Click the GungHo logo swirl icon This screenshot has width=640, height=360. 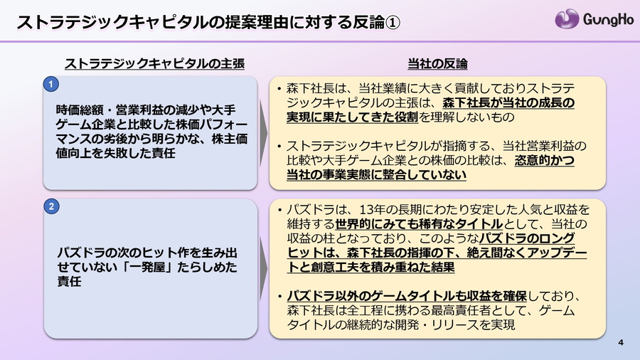coord(567,20)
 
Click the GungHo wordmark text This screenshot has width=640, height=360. coord(604,21)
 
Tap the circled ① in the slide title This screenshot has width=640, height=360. coord(392,22)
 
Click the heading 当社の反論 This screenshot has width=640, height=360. coord(438,64)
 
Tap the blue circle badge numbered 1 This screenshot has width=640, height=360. coord(52,84)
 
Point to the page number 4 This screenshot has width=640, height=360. coord(621,344)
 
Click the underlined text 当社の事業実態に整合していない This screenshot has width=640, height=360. coord(377,175)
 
